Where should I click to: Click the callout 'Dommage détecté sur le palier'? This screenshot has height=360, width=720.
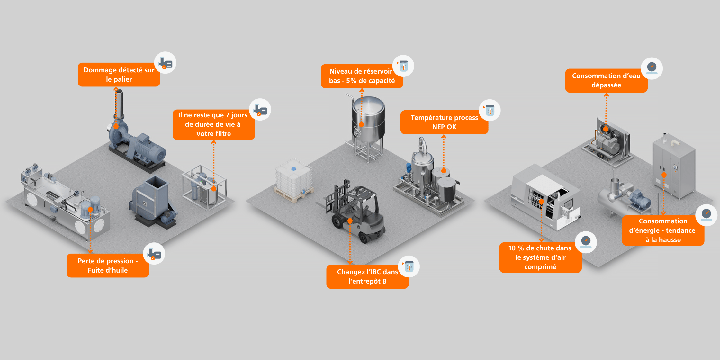(119, 75)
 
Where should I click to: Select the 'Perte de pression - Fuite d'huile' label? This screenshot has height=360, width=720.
(108, 265)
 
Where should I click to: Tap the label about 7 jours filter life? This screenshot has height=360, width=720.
(213, 124)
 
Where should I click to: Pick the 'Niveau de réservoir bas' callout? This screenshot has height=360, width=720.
(362, 76)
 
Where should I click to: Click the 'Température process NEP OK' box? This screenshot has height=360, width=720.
(444, 122)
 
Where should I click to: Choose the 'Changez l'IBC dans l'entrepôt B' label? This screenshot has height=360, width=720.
(367, 276)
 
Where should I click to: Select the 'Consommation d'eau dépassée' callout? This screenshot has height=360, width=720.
(606, 81)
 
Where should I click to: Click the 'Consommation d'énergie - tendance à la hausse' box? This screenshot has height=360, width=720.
(663, 230)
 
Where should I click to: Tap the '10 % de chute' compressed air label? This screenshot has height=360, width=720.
(540, 257)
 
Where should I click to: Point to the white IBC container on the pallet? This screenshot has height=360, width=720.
(293, 180)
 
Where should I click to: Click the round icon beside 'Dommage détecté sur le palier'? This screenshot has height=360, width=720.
(165, 63)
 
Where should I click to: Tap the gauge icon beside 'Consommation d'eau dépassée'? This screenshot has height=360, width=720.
(652, 68)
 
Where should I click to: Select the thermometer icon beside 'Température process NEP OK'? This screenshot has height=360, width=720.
(490, 110)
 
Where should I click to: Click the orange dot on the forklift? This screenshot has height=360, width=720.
(350, 221)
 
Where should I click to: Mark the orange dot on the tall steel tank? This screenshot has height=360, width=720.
(361, 125)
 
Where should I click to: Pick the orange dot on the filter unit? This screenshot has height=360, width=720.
(214, 189)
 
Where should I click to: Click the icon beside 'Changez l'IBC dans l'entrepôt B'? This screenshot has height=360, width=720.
(409, 266)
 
